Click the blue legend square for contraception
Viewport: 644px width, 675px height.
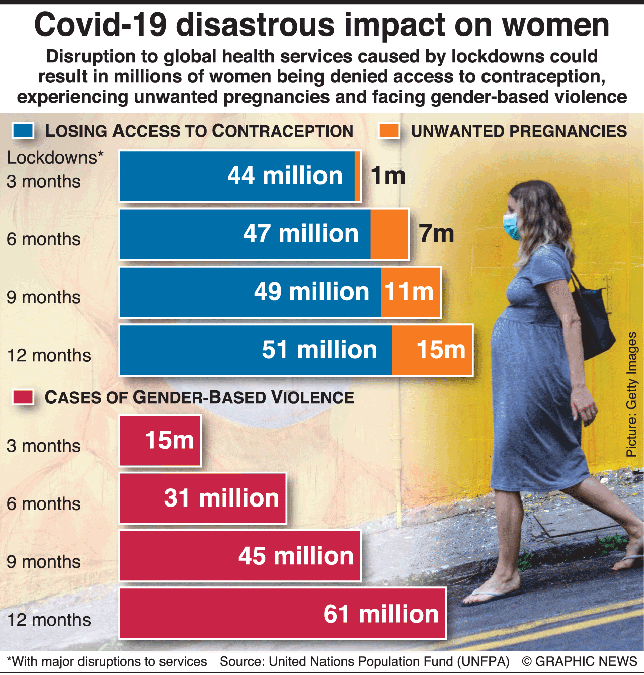pos(23,131)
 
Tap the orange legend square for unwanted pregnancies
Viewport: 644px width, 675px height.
pos(389,131)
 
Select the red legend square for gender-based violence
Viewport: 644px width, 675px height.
pos(23,397)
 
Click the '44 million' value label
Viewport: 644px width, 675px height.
pos(285,176)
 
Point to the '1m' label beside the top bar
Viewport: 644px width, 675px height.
pos(388,176)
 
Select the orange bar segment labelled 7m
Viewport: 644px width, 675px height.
pos(389,234)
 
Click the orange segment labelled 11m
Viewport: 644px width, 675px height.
pos(410,292)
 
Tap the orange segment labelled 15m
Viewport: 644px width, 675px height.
pos(433,350)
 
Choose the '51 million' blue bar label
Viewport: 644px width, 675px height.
pos(319,350)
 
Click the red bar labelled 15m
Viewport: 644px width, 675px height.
pos(160,441)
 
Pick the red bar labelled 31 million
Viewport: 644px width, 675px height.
pos(203,498)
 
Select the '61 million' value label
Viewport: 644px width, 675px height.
pos(381,614)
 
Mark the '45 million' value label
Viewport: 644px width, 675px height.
pos(296,556)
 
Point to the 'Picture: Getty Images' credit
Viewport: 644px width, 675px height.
pos(632,394)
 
